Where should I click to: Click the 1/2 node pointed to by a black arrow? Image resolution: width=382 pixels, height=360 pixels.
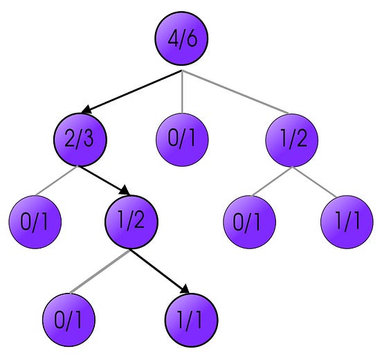[131, 222]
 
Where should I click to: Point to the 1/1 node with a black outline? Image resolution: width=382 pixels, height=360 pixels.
[192, 321]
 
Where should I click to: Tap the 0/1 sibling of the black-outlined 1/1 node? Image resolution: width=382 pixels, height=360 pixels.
[68, 321]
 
